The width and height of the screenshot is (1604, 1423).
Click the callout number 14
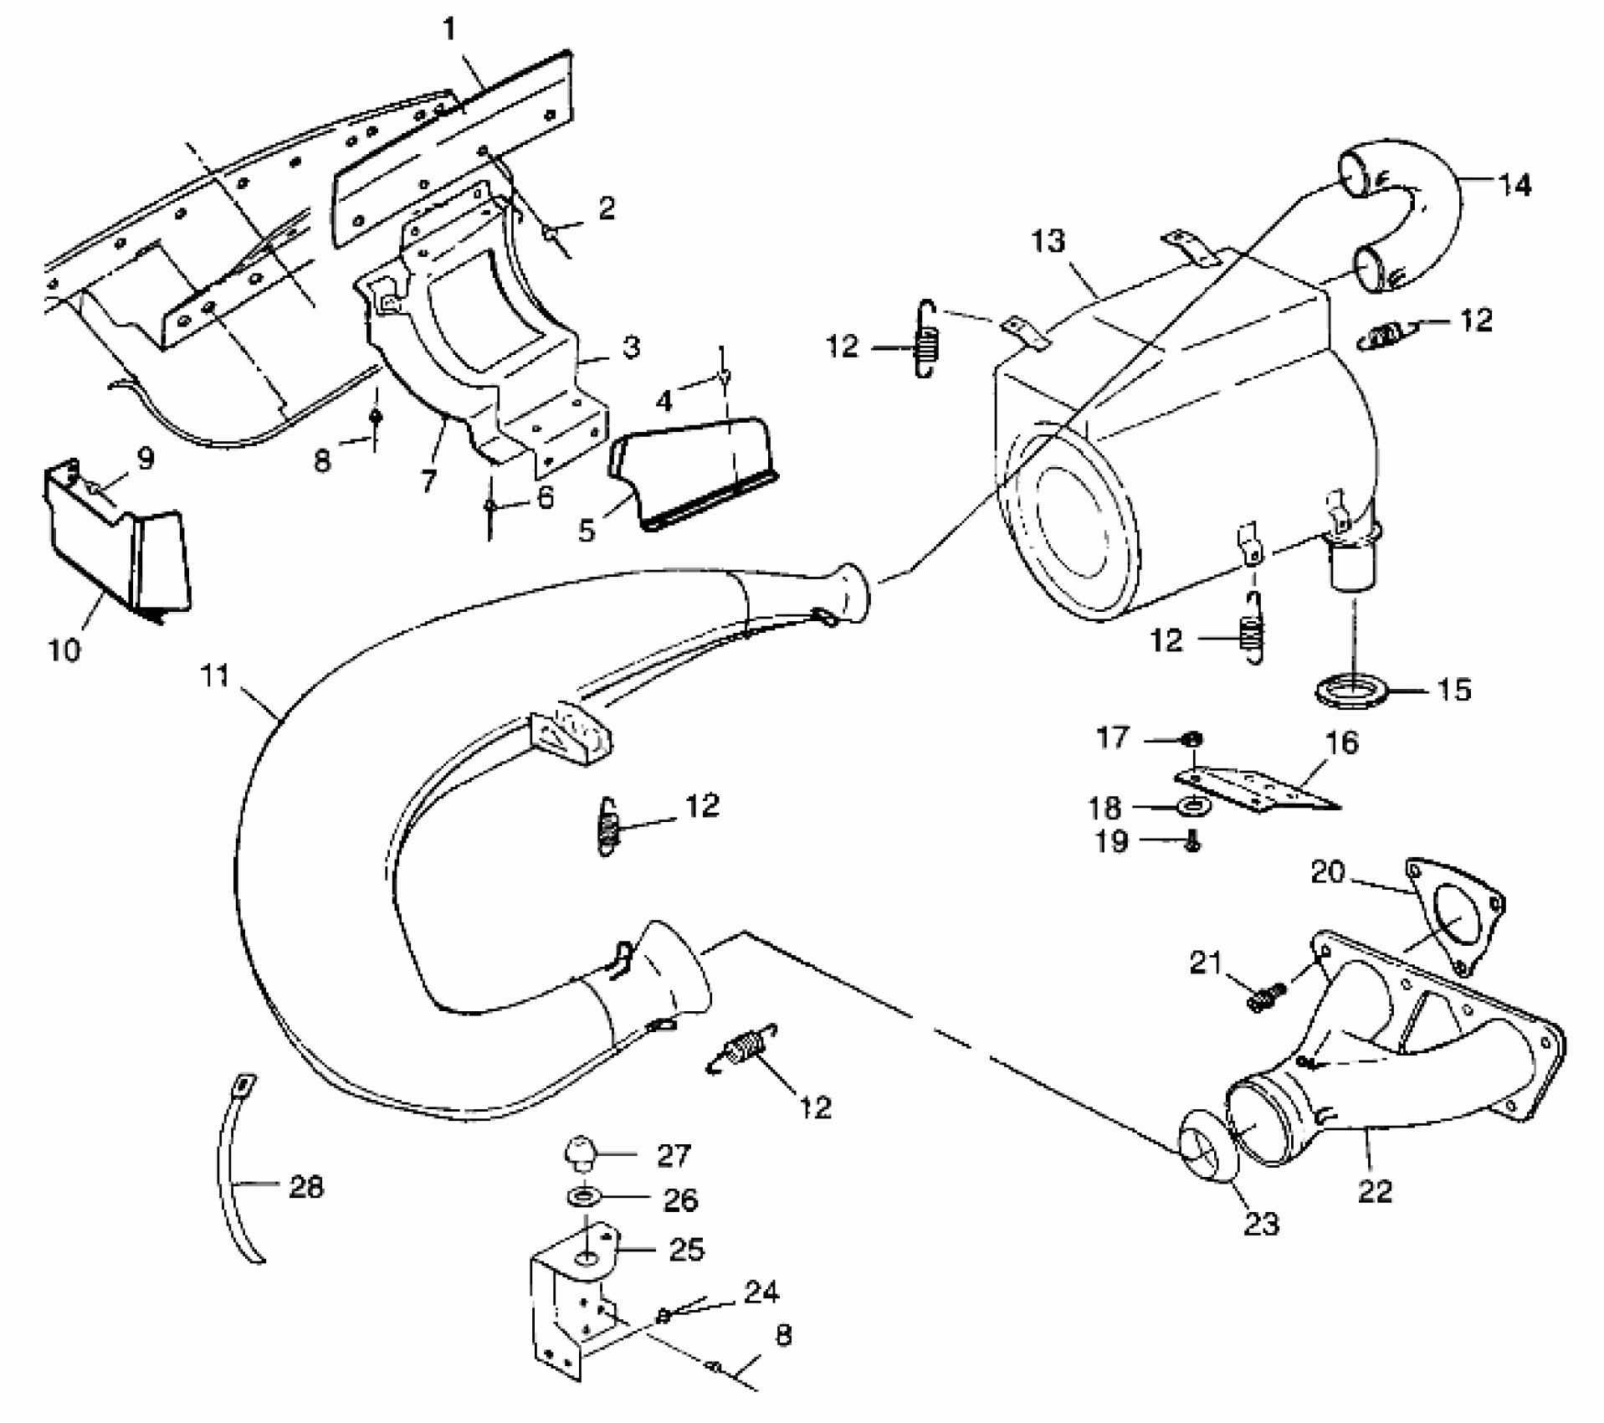1514,185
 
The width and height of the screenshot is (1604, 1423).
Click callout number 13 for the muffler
1048,242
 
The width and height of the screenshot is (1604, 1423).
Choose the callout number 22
1376,1189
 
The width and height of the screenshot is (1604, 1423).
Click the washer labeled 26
586,1197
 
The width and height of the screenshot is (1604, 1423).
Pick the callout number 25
686,1249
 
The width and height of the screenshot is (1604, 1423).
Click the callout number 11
215,676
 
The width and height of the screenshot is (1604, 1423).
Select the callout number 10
64,649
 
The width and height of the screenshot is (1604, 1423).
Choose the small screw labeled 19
1192,844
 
